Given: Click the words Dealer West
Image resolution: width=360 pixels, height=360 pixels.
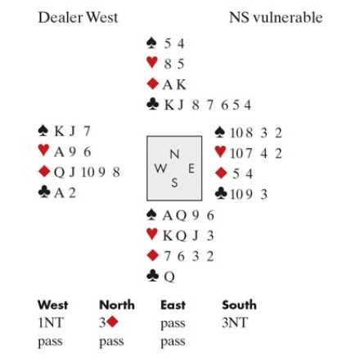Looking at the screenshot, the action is (78, 17).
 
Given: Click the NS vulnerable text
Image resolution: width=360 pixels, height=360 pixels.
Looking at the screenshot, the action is (276, 17).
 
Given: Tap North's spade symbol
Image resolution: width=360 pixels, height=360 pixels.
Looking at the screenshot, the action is (151, 43).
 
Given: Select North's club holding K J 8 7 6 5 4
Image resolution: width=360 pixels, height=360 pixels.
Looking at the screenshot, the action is (208, 105).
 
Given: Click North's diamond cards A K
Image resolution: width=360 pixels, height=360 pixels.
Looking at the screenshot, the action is (174, 84).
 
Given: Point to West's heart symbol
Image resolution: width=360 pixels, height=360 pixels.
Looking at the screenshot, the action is (43, 151).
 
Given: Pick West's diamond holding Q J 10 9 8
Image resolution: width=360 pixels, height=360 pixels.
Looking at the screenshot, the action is (87, 173).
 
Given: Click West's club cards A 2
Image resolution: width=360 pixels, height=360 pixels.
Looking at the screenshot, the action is (65, 193).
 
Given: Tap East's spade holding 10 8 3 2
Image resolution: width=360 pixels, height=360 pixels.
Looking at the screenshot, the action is (256, 133).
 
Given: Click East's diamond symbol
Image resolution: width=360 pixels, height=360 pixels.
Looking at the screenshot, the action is (221, 173).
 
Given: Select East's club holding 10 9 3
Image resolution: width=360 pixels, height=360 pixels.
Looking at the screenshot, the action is (249, 195).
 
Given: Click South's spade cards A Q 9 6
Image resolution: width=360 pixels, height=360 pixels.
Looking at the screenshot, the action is (188, 216).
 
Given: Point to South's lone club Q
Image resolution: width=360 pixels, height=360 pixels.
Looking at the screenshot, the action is (169, 277).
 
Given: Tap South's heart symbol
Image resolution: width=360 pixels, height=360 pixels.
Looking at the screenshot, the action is (152, 234).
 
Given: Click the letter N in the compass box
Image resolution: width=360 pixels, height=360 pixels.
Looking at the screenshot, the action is (174, 155).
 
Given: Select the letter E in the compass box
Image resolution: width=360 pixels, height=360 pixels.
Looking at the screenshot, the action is (191, 169).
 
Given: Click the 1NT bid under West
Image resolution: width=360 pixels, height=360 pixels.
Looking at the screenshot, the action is (51, 323).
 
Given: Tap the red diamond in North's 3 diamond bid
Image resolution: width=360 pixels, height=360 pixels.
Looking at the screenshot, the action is (112, 322).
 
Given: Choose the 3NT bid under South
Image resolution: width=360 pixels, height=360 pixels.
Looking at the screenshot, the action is (235, 323).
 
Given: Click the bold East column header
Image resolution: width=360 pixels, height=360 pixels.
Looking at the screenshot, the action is (173, 305).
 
